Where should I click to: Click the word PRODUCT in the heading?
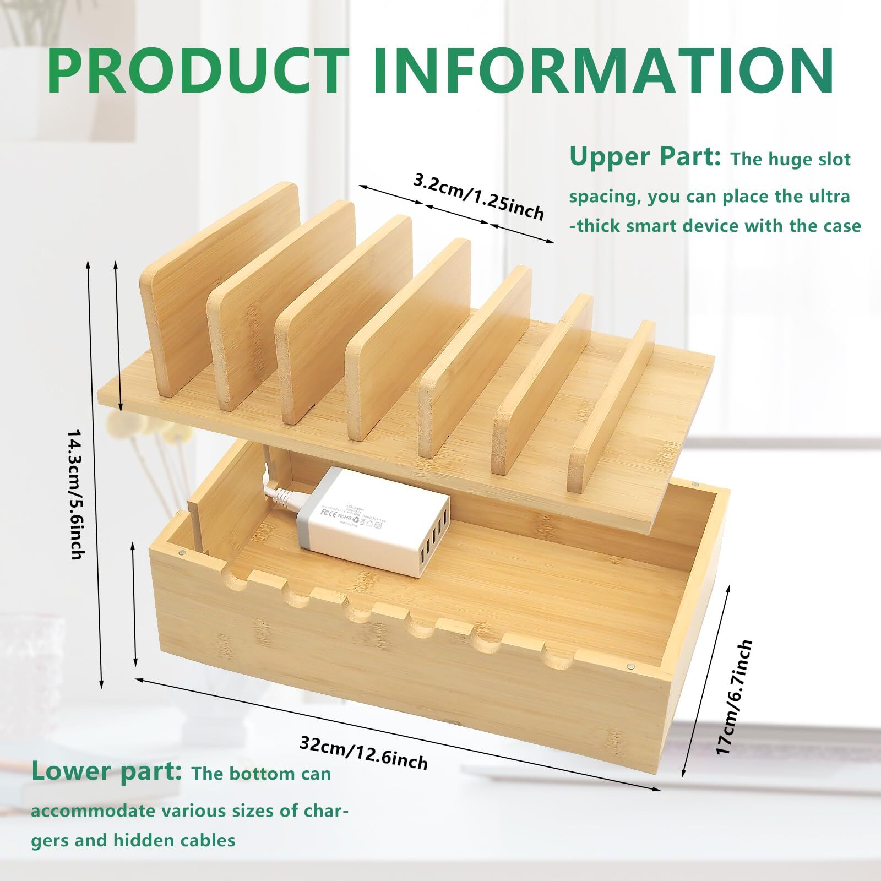pyautogui.click(x=198, y=72)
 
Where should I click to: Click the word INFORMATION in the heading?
pyautogui.click(x=603, y=72)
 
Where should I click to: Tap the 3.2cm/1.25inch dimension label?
pyautogui.click(x=478, y=196)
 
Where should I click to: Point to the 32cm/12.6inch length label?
pyautogui.click(x=363, y=752)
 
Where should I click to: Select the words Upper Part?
pyautogui.click(x=645, y=157)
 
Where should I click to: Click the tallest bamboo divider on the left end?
pyautogui.click(x=220, y=286)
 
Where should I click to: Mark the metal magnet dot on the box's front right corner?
pyautogui.click(x=630, y=667)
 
